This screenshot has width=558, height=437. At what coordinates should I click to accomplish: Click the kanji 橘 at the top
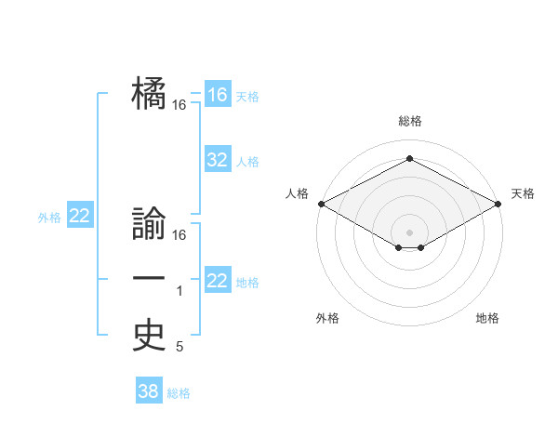click(x=149, y=93)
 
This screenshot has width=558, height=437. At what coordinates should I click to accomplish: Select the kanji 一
click(x=149, y=279)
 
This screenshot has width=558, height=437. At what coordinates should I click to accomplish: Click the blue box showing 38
click(x=149, y=391)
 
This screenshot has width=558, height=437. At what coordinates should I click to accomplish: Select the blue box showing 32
click(x=218, y=160)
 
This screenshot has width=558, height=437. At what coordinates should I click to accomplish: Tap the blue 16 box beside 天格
click(x=218, y=95)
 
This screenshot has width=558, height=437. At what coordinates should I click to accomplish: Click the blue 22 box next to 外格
click(x=79, y=217)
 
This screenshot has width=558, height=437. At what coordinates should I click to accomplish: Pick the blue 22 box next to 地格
click(x=218, y=281)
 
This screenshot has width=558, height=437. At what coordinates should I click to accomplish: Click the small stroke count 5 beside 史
click(x=179, y=348)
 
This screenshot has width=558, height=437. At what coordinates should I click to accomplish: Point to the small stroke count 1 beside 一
click(x=179, y=292)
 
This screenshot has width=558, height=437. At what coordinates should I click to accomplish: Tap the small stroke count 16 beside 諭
click(x=179, y=235)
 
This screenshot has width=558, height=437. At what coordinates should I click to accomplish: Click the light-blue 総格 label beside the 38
click(x=179, y=393)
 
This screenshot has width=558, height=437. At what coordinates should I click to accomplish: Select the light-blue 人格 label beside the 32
click(x=247, y=162)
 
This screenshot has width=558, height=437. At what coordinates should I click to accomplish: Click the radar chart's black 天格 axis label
click(x=524, y=193)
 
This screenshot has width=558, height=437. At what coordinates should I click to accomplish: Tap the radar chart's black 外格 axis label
click(x=327, y=318)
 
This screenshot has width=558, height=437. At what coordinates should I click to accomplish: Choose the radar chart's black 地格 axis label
click(x=487, y=318)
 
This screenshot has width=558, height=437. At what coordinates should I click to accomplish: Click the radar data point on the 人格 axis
click(x=321, y=204)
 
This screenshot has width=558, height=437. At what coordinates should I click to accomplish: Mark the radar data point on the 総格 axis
click(x=409, y=158)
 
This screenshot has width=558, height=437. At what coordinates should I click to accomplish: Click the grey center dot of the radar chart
click(x=409, y=232)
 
